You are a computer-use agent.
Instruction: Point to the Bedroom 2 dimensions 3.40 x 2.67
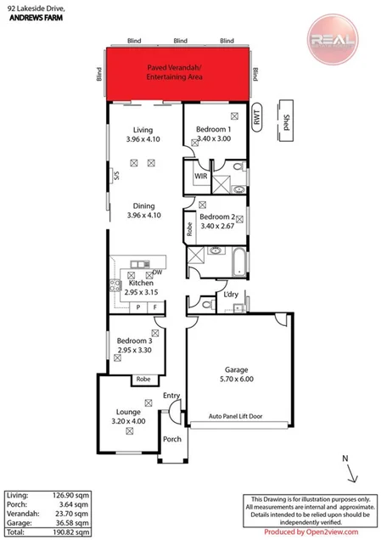tap(216, 226)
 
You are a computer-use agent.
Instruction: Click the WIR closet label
tap(200, 177)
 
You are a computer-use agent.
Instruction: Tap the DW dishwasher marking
tap(158, 273)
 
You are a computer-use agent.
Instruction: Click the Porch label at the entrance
tap(172, 439)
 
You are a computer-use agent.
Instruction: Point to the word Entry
tap(172, 396)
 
